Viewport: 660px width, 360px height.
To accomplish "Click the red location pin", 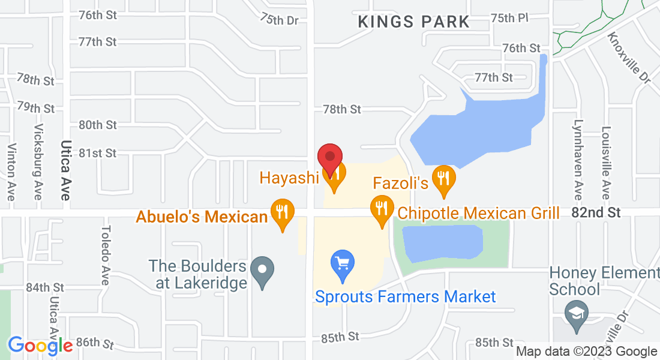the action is [329, 158].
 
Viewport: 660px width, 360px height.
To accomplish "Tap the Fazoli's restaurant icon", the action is [443, 179].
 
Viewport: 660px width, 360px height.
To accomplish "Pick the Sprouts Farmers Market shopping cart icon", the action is [343, 264].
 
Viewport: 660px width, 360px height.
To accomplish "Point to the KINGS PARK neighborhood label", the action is [413, 22].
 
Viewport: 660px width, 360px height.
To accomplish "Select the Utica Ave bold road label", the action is [65, 170].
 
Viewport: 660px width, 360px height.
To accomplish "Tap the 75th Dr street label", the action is [279, 19].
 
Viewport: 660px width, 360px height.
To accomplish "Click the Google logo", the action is [40, 346].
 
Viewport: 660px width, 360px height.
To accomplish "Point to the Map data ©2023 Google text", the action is [586, 352].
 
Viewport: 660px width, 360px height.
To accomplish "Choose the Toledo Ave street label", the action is [106, 255].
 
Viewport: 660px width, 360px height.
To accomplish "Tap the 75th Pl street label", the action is [509, 18].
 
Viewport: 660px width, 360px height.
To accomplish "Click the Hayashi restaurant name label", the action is [288, 178].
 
